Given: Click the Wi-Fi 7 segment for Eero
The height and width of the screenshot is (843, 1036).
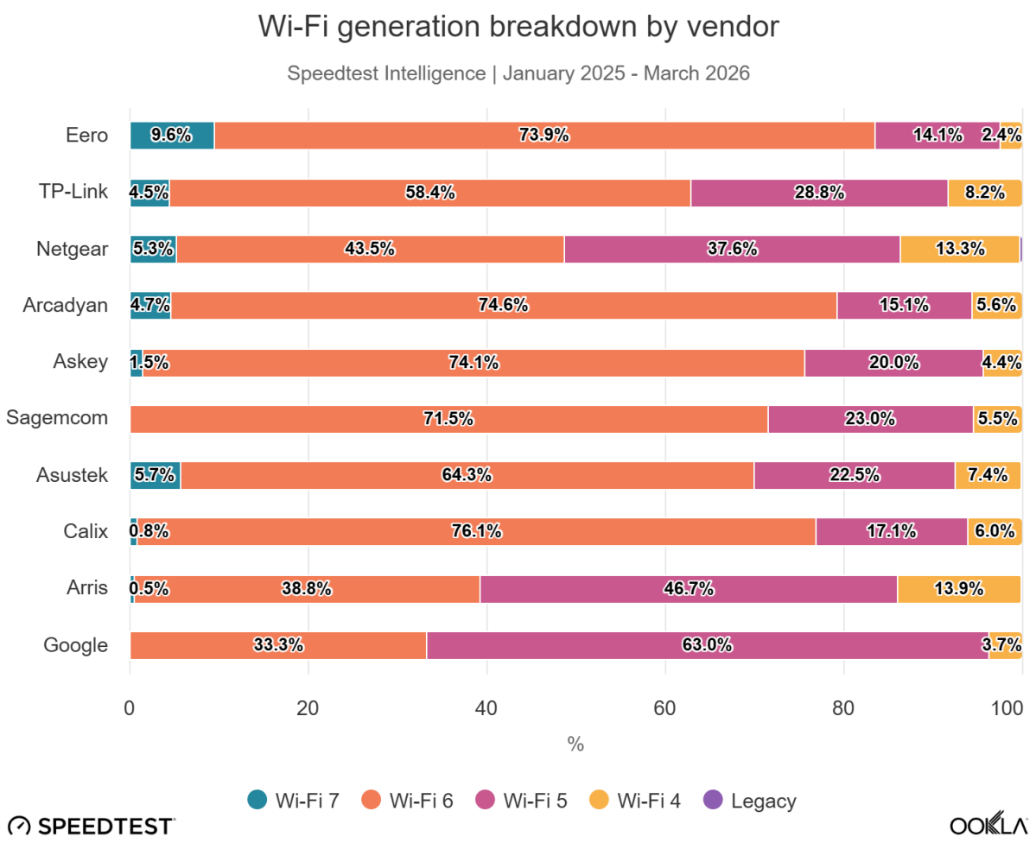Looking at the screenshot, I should [172, 136].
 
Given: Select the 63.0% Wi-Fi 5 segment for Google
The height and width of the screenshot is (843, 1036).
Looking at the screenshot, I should [708, 644].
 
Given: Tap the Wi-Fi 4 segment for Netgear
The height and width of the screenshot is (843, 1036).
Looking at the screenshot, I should [959, 249].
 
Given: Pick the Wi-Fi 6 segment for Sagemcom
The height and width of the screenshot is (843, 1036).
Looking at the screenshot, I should [448, 419].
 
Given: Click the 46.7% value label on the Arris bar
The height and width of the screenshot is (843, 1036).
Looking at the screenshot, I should [689, 589].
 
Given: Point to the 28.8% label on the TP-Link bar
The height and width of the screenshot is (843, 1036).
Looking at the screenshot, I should [819, 193].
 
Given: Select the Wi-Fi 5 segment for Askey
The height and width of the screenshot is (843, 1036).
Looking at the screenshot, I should [893, 363].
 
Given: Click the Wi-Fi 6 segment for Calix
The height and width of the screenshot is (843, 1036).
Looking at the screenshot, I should [476, 532].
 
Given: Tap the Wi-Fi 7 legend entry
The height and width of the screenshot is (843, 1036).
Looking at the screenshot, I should [293, 800].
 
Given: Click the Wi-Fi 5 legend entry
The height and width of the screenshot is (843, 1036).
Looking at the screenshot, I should [520, 800].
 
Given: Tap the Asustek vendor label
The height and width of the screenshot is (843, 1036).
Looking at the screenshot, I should [72, 475].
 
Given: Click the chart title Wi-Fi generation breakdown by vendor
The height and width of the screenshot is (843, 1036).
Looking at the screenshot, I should [518, 28].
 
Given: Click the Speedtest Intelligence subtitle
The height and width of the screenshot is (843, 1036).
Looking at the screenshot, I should [518, 73].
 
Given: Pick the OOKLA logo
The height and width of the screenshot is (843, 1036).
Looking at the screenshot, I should [988, 824].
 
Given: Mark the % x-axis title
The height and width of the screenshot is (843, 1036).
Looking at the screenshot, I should [575, 744].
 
